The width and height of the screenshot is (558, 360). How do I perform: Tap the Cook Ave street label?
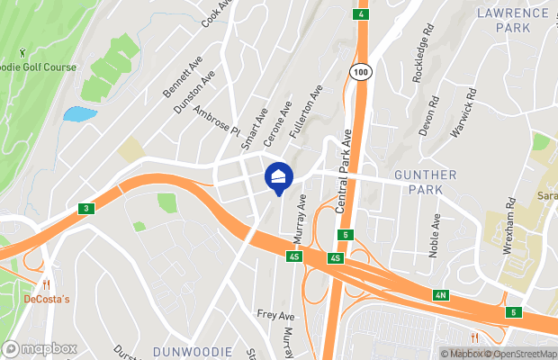(x=218, y=13)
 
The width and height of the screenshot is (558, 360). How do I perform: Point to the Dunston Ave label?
(x=195, y=91)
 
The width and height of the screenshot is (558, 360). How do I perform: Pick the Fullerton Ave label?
(x=306, y=112)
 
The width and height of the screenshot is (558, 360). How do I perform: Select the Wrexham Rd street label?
(x=508, y=226)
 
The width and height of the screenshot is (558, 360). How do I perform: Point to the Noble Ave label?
(x=436, y=236)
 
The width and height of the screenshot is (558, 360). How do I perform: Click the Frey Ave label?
(x=275, y=316)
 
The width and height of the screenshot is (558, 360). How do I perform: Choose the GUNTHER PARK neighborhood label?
(x=425, y=182)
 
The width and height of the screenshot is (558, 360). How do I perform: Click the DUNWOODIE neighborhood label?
(x=192, y=351)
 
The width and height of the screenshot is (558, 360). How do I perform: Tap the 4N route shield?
(x=440, y=294)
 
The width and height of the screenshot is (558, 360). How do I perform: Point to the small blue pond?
(x=79, y=114)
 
